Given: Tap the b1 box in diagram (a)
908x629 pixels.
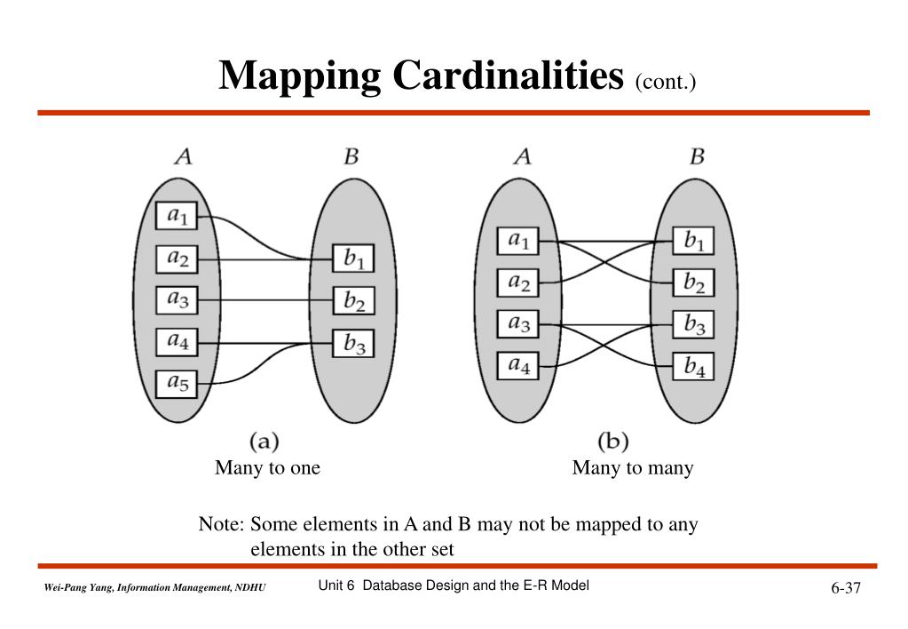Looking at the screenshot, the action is tap(353, 259).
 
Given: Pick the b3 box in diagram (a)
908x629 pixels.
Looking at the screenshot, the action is tap(353, 342).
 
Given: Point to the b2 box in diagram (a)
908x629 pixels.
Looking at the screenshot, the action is tap(353, 300).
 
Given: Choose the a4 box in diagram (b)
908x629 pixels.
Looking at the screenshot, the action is tap(517, 365).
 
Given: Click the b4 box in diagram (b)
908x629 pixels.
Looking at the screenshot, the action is tap(693, 365).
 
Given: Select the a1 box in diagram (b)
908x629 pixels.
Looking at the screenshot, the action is tap(517, 241).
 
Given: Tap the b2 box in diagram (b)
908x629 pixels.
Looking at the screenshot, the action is tap(693, 283).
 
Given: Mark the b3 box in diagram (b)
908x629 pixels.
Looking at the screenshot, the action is tap(693, 324).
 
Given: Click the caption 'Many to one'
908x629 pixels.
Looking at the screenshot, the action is tap(267, 468).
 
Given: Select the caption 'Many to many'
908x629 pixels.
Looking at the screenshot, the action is tap(632, 468).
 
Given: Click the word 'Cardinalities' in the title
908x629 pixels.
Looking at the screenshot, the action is tap(509, 76).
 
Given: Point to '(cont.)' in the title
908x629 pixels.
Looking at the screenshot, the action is tap(665, 82).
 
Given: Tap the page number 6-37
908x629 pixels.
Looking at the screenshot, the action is tap(846, 589).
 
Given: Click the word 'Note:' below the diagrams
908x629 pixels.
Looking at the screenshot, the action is tap(221, 524).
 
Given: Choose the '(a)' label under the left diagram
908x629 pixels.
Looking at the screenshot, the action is tap(265, 440).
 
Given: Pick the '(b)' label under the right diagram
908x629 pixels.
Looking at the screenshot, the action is tap(612, 440).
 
